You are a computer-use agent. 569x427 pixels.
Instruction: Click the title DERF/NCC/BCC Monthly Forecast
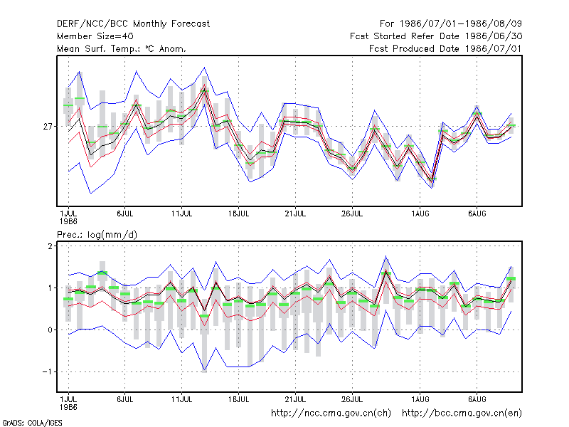click(x=133, y=24)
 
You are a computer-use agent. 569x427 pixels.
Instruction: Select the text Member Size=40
click(x=95, y=36)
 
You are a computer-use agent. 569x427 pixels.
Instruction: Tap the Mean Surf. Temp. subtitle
click(x=121, y=48)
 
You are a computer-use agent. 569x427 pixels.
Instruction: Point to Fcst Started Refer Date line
click(x=436, y=36)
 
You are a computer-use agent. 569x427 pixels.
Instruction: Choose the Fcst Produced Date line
click(x=445, y=48)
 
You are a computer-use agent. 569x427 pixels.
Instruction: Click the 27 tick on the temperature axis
click(x=48, y=127)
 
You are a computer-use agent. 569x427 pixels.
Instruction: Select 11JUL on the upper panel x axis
click(x=182, y=213)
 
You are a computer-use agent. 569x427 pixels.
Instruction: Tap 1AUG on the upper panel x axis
click(x=420, y=213)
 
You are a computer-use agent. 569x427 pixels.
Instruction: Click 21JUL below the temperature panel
click(x=295, y=213)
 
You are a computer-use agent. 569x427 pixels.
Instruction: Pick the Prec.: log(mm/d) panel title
click(x=97, y=235)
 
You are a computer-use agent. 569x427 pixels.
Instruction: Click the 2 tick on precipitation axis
click(x=50, y=246)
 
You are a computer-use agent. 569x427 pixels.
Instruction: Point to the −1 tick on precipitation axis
click(x=48, y=371)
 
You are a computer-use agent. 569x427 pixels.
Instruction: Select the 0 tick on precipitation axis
click(x=50, y=330)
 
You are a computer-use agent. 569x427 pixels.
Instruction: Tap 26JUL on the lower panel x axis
click(x=352, y=399)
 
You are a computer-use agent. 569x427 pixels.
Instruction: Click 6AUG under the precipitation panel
click(x=477, y=399)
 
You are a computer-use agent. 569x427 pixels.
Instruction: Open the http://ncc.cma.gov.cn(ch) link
click(x=331, y=413)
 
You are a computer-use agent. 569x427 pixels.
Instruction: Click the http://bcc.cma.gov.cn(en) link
click(x=462, y=413)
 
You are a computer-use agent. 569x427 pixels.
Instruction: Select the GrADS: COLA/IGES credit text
click(x=32, y=423)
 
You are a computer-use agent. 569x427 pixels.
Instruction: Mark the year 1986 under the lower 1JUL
click(x=68, y=407)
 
